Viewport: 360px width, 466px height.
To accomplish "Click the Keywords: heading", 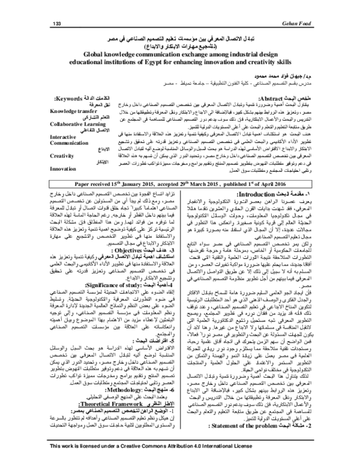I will pos(70,97).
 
